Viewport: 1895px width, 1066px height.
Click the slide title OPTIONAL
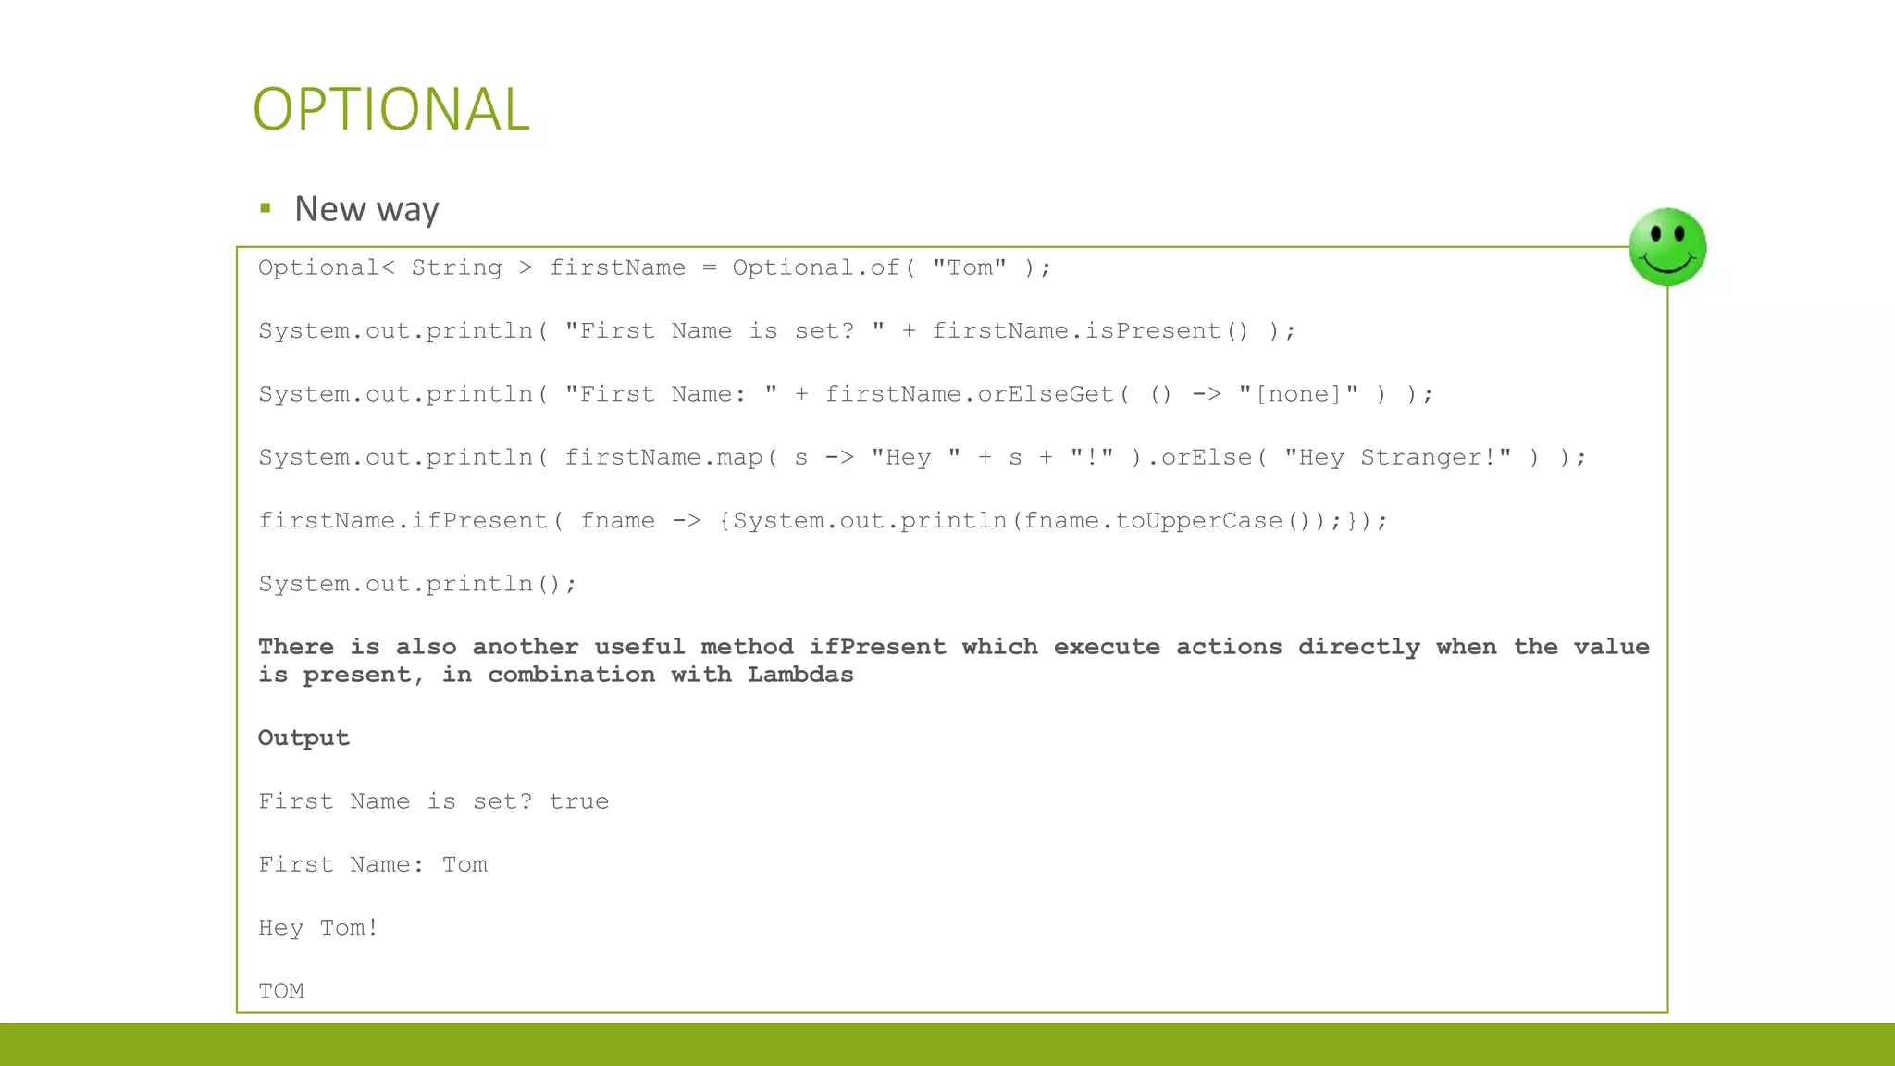390,109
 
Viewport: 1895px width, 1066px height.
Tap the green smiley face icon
1667,247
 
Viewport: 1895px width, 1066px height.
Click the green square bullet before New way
266,208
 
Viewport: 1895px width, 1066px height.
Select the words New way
366,209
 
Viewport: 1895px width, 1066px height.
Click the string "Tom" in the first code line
969,267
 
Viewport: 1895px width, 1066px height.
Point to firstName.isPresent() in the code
1090,330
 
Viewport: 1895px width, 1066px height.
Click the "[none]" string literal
1298,394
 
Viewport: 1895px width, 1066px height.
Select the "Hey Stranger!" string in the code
1398,457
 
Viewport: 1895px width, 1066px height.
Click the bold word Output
303,738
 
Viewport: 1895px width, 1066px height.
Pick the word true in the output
579,801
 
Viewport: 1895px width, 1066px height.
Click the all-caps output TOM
281,991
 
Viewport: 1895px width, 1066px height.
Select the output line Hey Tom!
318,928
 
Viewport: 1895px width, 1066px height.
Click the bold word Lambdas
800,675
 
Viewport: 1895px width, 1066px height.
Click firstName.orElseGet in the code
969,394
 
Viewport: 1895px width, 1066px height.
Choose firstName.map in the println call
663,457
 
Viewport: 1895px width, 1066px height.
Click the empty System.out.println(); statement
417,584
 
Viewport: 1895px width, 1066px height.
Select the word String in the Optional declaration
456,267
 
